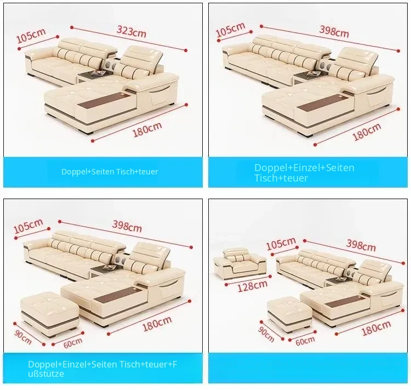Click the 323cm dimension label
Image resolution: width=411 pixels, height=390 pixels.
point(131,31)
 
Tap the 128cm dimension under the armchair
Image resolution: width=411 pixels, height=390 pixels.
point(253,286)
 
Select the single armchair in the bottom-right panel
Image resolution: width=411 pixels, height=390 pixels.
point(239,264)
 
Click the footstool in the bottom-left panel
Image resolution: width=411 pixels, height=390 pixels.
point(50,314)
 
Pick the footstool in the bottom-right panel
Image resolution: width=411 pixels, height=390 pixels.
point(290,314)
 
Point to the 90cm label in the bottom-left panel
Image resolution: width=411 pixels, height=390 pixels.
point(23,337)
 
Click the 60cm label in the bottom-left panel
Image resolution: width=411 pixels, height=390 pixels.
point(72,343)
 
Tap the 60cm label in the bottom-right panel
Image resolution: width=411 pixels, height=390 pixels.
point(305,341)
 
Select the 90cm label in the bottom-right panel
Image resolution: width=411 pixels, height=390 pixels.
point(266,334)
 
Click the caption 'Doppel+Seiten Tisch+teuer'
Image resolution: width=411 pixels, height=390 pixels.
point(110,172)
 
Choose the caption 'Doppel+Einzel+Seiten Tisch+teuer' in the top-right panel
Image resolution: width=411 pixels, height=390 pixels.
point(304,173)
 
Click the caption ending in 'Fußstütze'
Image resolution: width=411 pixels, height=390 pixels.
point(102,369)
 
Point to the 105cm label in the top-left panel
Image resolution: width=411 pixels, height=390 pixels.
point(31,35)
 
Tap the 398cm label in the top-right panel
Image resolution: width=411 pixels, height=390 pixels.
point(334,31)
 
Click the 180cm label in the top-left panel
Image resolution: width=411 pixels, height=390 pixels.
point(147,129)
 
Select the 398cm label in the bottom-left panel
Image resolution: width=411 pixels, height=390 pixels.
point(127,226)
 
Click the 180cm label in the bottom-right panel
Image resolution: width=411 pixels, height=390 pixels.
point(376,328)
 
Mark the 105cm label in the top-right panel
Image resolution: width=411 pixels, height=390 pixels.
point(230,30)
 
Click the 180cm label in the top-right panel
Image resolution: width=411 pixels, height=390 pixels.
point(367,132)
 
